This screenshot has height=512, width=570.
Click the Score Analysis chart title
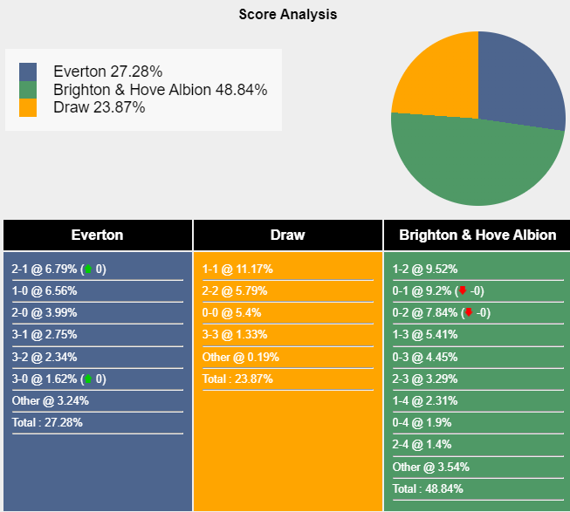click(287, 14)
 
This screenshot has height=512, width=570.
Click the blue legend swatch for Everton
click(28, 71)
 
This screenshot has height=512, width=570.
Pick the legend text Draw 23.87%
click(99, 107)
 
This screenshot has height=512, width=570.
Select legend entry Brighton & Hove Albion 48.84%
click(160, 89)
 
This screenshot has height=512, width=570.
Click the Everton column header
click(97, 235)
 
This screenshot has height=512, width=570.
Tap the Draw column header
click(287, 235)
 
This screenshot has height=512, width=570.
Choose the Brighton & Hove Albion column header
click(477, 235)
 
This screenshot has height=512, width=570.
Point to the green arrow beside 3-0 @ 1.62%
click(87, 379)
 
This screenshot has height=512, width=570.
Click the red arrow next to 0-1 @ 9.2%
click(463, 290)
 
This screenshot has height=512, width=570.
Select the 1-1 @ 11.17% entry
click(238, 269)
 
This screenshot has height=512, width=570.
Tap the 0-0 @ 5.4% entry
click(232, 312)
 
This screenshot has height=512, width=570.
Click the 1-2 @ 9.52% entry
click(425, 269)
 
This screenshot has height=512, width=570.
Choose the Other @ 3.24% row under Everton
click(51, 401)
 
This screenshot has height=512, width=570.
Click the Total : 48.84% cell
click(428, 488)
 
